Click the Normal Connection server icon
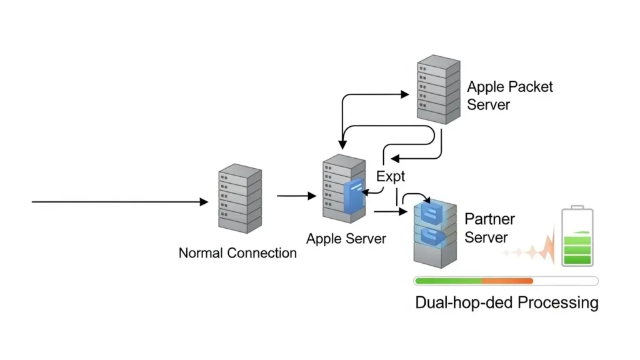[239, 199]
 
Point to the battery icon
[577, 238]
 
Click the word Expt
[391, 176]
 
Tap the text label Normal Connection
[237, 253]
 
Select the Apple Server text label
[346, 238]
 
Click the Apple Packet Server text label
[510, 95]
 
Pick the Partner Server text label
[490, 228]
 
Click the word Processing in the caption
[554, 303]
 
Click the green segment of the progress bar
[447, 281]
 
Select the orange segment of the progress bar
[507, 281]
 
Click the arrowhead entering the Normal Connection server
[204, 202]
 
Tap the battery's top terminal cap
[577, 207]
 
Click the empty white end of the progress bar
[565, 281]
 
